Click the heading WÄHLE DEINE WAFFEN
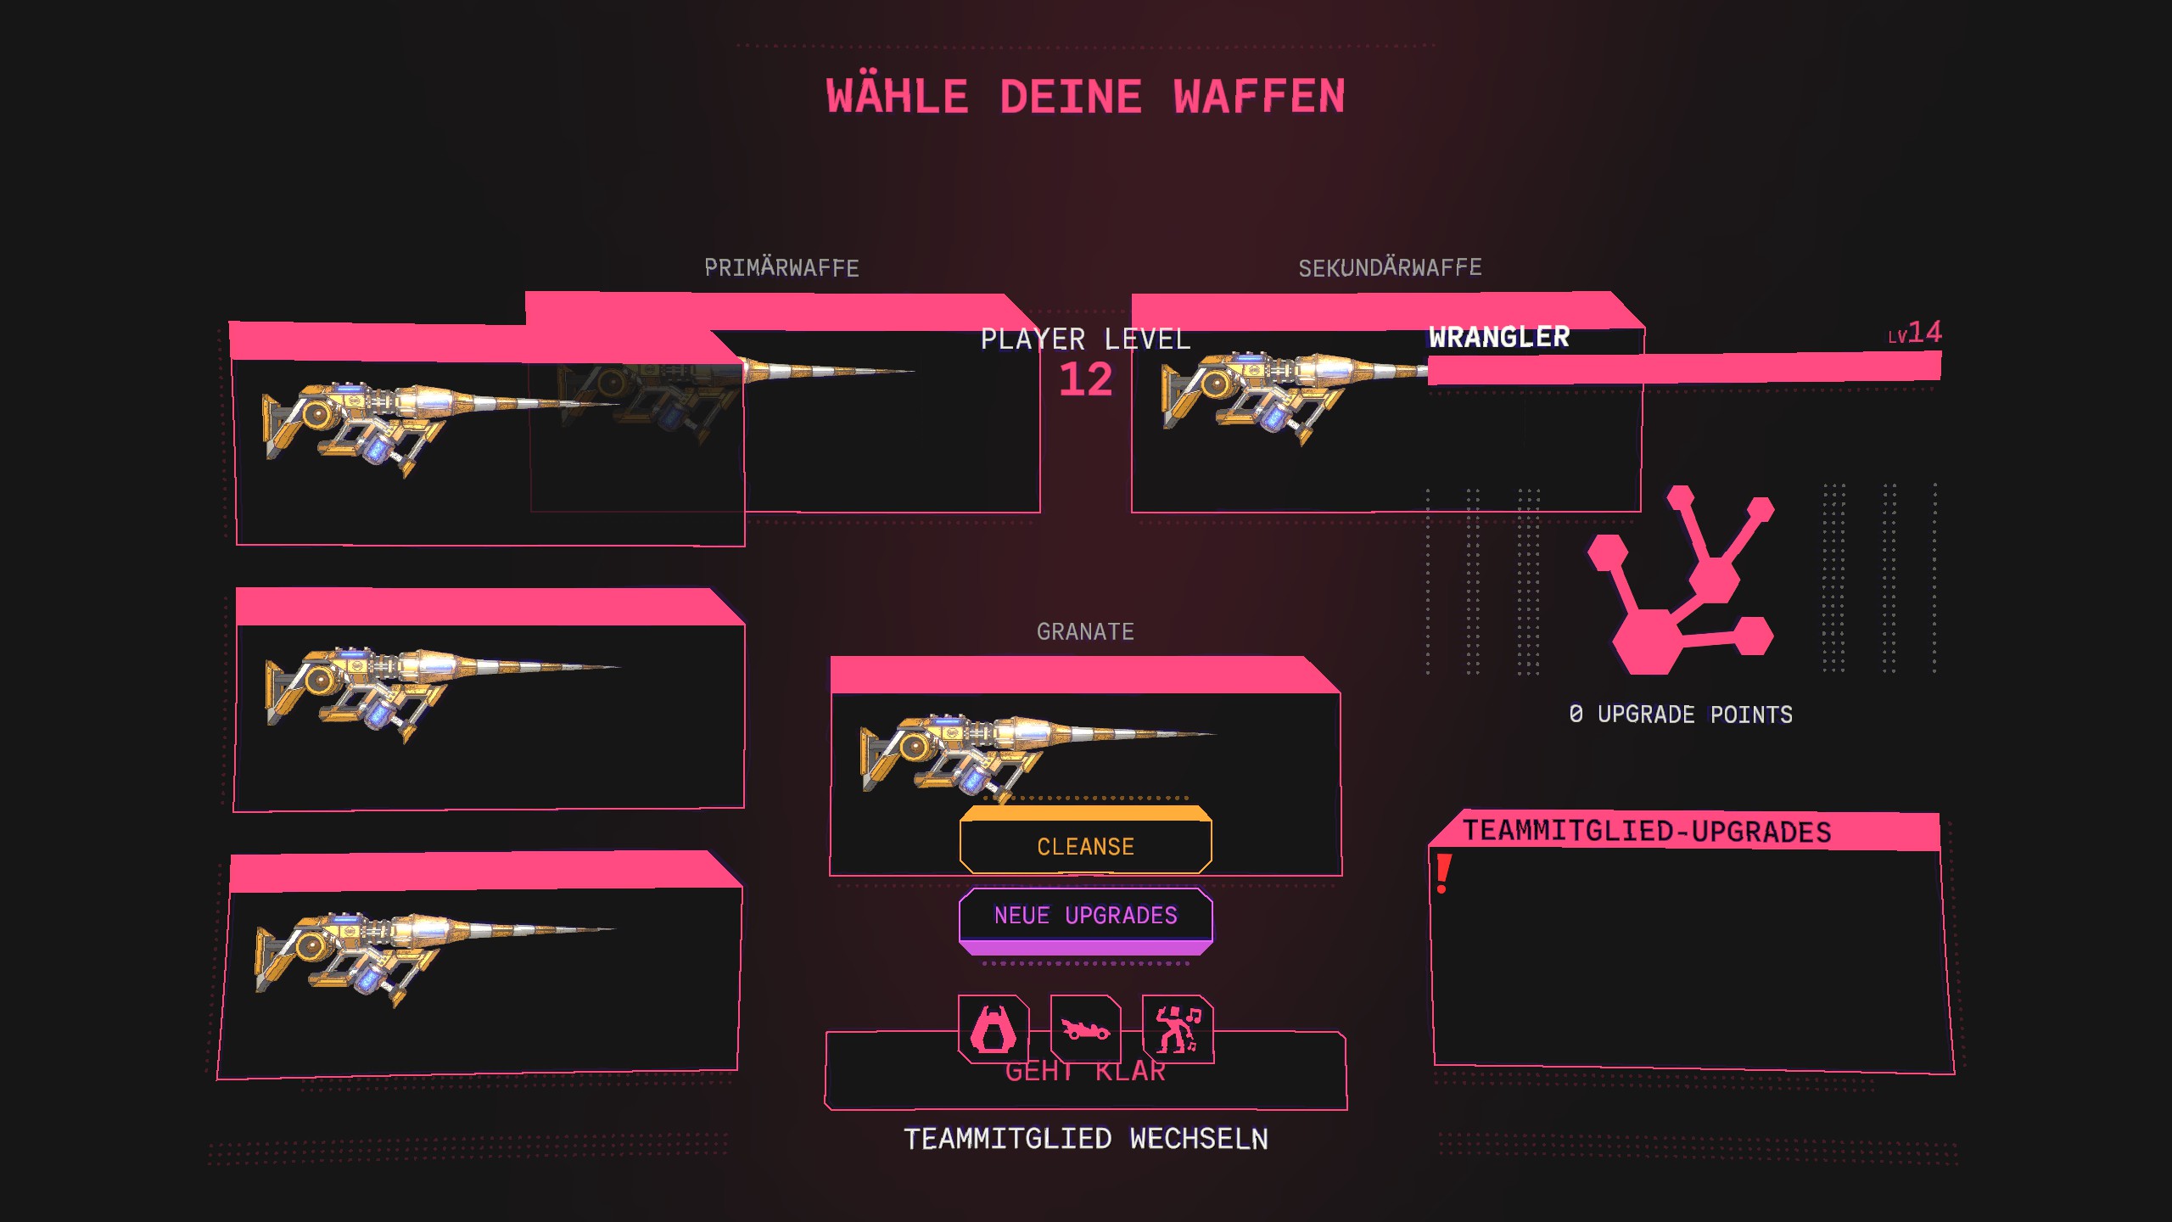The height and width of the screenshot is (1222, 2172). tap(1085, 96)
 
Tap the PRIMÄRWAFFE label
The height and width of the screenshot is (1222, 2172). tap(781, 268)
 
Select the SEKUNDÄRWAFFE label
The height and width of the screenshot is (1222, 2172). tap(1390, 268)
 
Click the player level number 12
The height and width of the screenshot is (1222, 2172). tap(1085, 379)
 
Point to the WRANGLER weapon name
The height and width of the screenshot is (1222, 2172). tap(1498, 337)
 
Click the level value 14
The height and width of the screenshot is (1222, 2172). tap(1924, 332)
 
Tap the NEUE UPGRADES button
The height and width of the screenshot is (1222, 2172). tap(1085, 916)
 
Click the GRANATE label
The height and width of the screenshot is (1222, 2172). tap(1085, 632)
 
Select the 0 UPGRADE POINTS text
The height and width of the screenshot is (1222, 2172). tap(1680, 715)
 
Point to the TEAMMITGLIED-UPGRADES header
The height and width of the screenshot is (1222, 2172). tap(1646, 832)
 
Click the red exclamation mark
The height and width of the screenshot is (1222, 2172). tap(1442, 874)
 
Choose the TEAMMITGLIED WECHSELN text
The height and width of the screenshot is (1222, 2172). tap(1085, 1139)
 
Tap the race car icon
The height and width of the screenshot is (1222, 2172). tap(1085, 1029)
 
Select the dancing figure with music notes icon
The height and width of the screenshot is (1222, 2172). tap(1178, 1029)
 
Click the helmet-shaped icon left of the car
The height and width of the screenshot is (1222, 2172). tap(993, 1029)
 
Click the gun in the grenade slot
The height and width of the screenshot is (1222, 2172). tap(1018, 751)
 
